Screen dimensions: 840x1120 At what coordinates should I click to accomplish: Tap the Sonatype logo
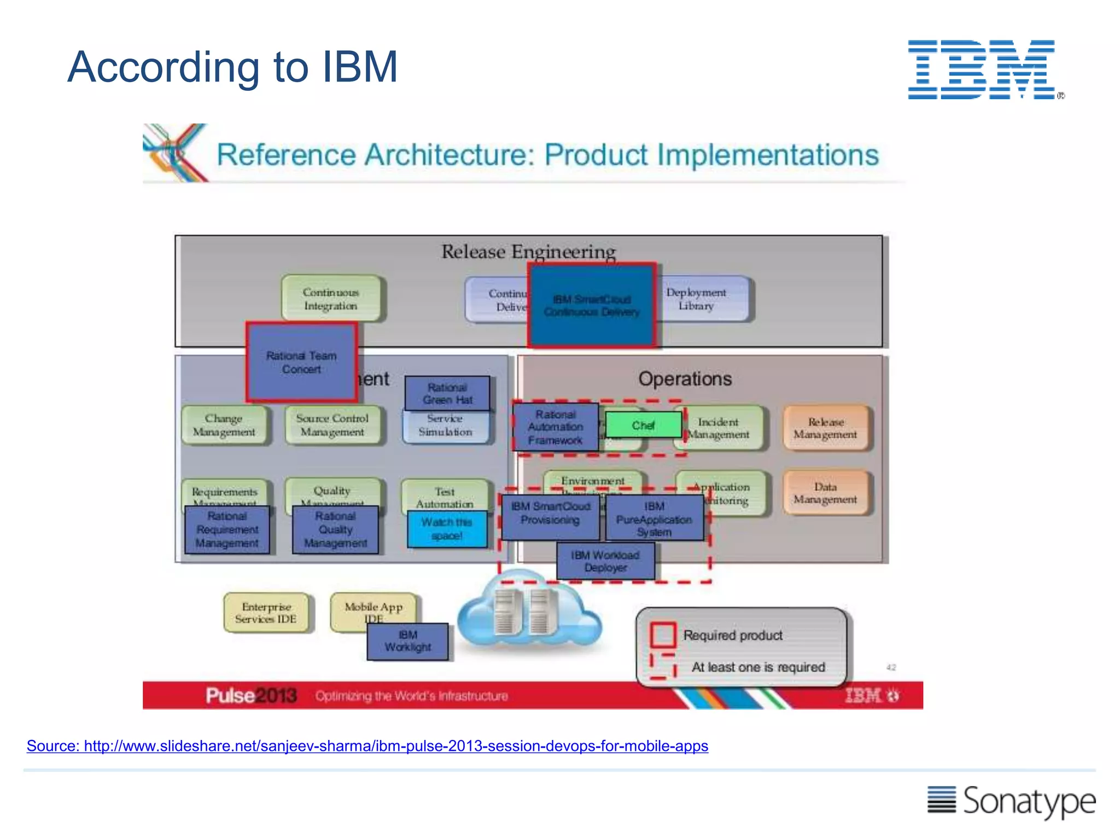[x=1011, y=801]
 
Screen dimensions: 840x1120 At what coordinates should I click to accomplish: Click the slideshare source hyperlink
[x=367, y=746]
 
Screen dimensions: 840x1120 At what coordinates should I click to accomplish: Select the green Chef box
[x=643, y=425]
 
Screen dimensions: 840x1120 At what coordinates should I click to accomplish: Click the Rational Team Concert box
[x=301, y=362]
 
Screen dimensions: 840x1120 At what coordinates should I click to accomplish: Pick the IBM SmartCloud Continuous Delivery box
[x=592, y=305]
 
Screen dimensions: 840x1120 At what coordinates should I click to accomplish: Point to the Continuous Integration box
[x=331, y=299]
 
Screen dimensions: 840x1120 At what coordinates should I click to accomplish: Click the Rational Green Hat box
[x=447, y=393]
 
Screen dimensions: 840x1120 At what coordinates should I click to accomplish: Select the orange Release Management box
[x=825, y=428]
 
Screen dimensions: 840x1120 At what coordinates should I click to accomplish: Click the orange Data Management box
[x=825, y=493]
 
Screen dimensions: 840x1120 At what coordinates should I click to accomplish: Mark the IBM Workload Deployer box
[x=605, y=561]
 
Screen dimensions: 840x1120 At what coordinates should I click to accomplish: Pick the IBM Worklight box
[x=407, y=641]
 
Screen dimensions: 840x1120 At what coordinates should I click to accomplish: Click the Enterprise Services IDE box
[x=266, y=613]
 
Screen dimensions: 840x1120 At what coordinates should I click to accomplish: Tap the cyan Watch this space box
[x=447, y=529]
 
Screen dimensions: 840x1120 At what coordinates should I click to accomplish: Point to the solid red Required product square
[x=662, y=634]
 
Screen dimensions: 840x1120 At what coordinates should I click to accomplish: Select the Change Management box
[x=224, y=425]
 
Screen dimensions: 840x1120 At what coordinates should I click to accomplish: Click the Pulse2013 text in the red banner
[x=251, y=696]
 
